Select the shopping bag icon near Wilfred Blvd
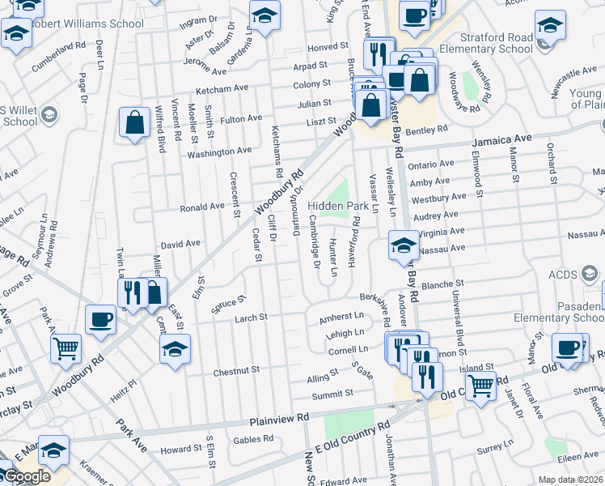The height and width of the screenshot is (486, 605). pos(135,124)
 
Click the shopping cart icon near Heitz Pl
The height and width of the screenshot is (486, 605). pos(66,348)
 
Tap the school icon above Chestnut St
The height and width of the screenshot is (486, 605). pos(174,351)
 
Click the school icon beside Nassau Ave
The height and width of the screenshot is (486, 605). pos(403,245)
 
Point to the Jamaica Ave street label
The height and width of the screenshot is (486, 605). pos(502,139)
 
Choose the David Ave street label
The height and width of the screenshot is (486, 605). pos(180,244)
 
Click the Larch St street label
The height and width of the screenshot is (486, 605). pos(251,318)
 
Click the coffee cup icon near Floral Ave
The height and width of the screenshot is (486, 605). pos(567,347)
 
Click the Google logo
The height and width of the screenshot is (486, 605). pos(26,476)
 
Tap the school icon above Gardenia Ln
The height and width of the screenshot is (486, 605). pos(264,16)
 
